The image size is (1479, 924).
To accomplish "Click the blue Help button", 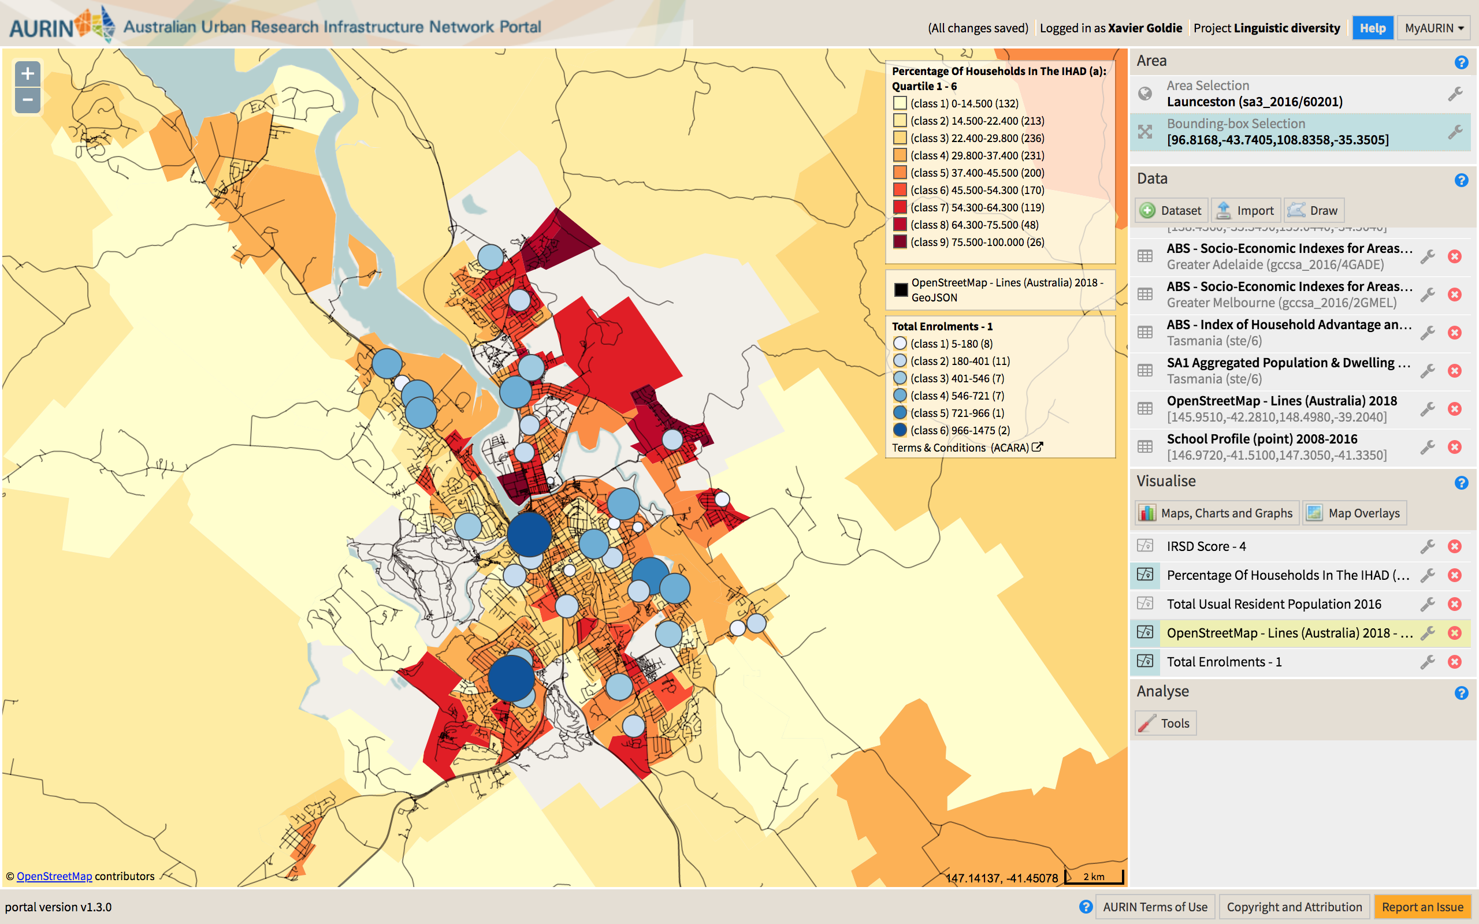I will point(1372,28).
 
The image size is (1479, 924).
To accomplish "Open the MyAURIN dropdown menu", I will point(1433,28).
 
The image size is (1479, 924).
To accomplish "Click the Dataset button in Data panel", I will point(1172,211).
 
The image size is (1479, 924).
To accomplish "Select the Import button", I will point(1246,211).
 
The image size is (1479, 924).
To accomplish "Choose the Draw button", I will point(1313,211).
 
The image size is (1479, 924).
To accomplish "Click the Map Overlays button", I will point(1354,513).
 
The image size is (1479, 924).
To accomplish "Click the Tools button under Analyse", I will point(1165,724).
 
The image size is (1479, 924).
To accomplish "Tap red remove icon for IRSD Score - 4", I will point(1455,546).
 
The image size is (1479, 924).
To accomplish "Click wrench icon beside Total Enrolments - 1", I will point(1427,662).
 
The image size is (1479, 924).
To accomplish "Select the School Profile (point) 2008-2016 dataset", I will point(1261,439).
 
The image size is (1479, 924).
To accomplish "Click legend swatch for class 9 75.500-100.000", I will point(900,242).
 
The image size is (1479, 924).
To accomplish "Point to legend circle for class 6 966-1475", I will point(900,430).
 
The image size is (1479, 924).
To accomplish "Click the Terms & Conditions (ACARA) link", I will point(966,448).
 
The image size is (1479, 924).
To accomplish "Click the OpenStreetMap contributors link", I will point(54,876).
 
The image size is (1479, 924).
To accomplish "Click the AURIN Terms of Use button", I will point(1154,907).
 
